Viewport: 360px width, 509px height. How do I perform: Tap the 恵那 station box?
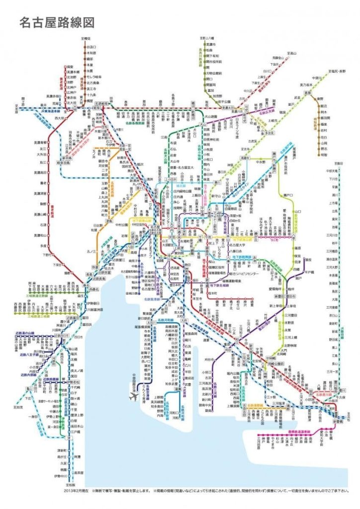point(308,92)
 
